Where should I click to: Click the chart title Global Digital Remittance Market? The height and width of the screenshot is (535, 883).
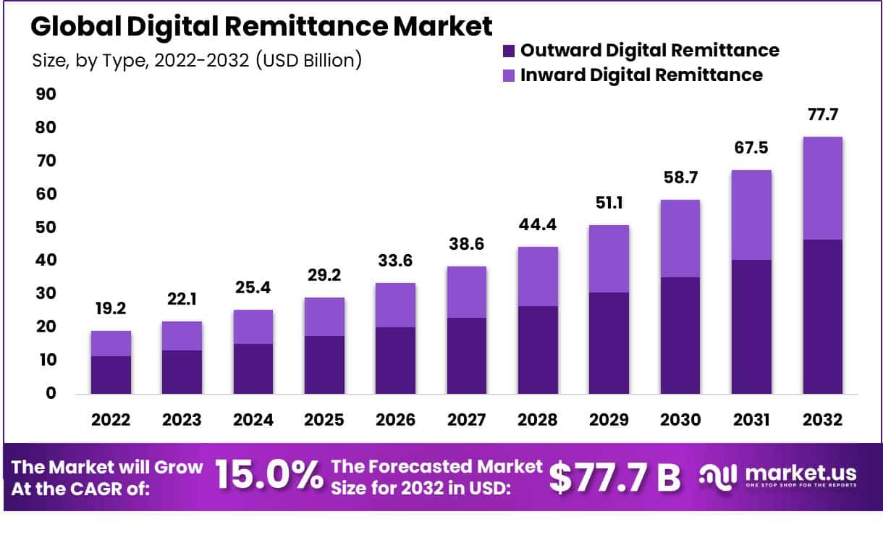pos(261,27)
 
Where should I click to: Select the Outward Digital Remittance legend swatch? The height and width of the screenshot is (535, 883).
pos(508,51)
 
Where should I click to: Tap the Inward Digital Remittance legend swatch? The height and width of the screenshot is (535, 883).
pos(508,75)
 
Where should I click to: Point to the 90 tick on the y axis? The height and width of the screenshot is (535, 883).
pos(46,95)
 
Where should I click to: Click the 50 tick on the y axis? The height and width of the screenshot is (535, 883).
pos(46,227)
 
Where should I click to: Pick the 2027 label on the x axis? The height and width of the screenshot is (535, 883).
pos(466,421)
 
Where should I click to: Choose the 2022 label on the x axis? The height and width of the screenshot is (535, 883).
pos(110,421)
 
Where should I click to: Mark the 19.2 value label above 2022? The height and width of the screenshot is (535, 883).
pos(110,308)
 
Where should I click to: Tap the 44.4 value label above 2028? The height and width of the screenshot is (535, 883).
pos(536,224)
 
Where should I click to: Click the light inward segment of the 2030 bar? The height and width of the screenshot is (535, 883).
pos(679,238)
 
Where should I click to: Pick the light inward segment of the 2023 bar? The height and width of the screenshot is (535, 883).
pos(181,336)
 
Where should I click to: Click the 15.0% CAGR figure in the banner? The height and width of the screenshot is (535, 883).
pos(269,476)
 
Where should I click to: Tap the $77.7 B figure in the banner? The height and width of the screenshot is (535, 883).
pos(614,476)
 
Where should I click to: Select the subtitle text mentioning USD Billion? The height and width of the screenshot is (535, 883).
pos(196,60)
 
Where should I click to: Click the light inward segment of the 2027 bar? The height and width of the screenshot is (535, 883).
pos(466,292)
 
